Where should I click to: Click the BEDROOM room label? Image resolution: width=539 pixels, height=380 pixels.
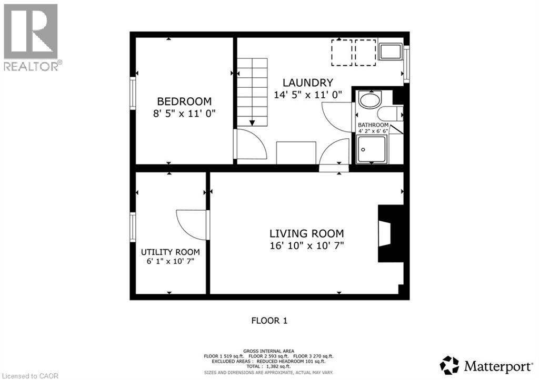tap(184, 101)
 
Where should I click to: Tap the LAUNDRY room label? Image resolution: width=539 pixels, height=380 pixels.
tap(308, 83)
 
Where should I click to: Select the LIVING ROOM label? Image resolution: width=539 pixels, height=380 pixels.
tap(307, 233)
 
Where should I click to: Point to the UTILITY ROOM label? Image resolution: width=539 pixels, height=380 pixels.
tap(170, 252)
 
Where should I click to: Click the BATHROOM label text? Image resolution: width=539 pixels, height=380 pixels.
tap(373, 125)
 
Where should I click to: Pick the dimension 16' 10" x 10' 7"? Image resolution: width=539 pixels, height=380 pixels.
tap(307, 245)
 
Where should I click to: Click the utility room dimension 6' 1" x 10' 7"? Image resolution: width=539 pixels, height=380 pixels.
tap(170, 261)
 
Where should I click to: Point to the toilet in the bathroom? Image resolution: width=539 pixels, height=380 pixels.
tap(390, 113)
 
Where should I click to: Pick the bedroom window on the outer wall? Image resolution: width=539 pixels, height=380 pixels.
tap(133, 93)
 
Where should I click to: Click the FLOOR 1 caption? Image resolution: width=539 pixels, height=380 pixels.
tap(269, 320)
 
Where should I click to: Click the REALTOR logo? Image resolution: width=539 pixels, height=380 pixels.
tap(31, 37)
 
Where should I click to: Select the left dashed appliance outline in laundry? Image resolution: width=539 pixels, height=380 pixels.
tap(342, 53)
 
